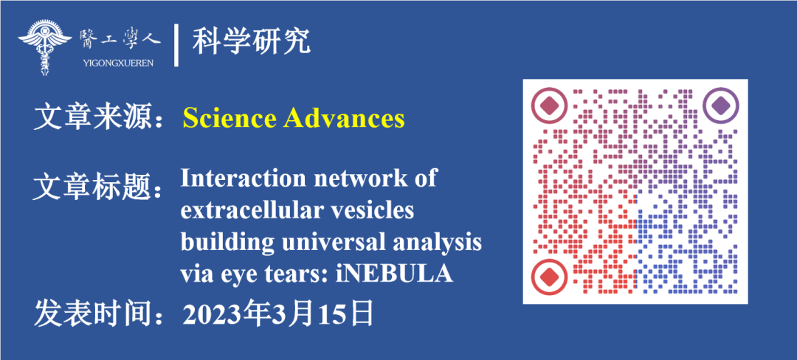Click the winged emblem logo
coord(45,47)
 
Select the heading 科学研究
coord(251,41)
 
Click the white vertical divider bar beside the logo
coord(176,45)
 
